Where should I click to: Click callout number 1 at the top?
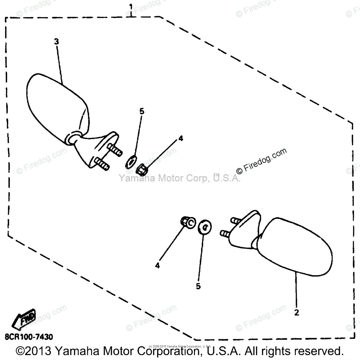pos(131,6)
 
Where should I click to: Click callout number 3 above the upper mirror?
pos(56,42)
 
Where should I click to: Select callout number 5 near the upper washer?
pos(142,111)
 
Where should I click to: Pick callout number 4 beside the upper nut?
pos(181,139)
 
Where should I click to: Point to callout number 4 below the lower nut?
pos(157,266)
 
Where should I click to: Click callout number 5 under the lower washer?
pos(198,286)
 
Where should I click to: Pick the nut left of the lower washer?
pos(187,222)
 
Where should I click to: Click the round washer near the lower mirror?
pos(205,227)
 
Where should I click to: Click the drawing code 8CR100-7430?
pos(29,337)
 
